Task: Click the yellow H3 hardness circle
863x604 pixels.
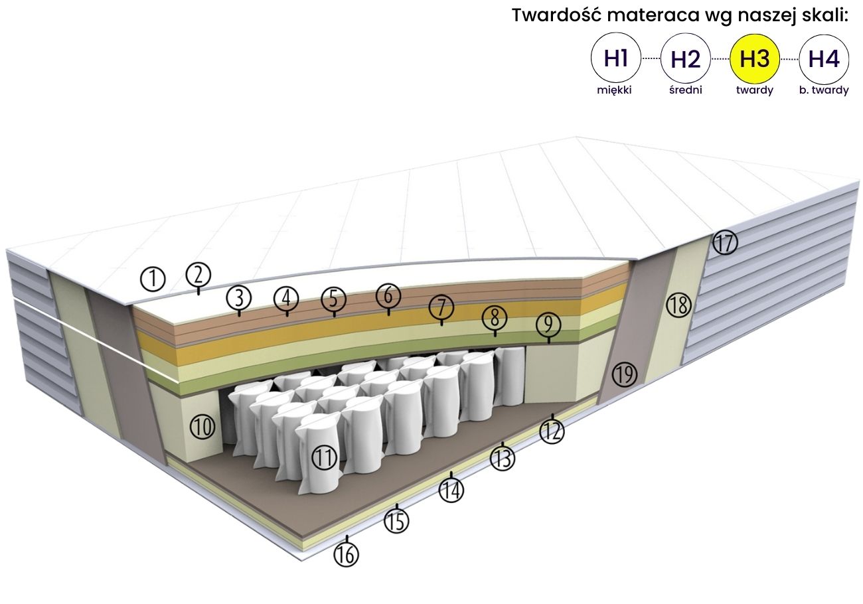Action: [754, 60]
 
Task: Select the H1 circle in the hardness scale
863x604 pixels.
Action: [615, 60]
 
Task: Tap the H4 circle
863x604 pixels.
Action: [824, 60]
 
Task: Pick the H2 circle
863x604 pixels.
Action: [685, 60]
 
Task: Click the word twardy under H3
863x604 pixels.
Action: [754, 91]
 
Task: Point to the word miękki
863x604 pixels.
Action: [614, 91]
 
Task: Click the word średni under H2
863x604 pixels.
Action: [685, 91]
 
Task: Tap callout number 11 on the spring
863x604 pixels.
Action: [324, 457]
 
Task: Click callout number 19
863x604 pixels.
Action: [624, 374]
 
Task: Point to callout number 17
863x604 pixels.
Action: [725, 244]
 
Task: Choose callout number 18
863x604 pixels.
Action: [679, 305]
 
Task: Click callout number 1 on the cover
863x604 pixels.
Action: [153, 279]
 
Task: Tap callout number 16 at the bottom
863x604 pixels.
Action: [345, 554]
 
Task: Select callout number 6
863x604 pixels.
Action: [388, 295]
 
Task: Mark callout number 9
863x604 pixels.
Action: [548, 325]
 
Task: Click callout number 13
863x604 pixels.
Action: [503, 458]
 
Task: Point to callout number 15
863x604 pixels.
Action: [397, 522]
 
